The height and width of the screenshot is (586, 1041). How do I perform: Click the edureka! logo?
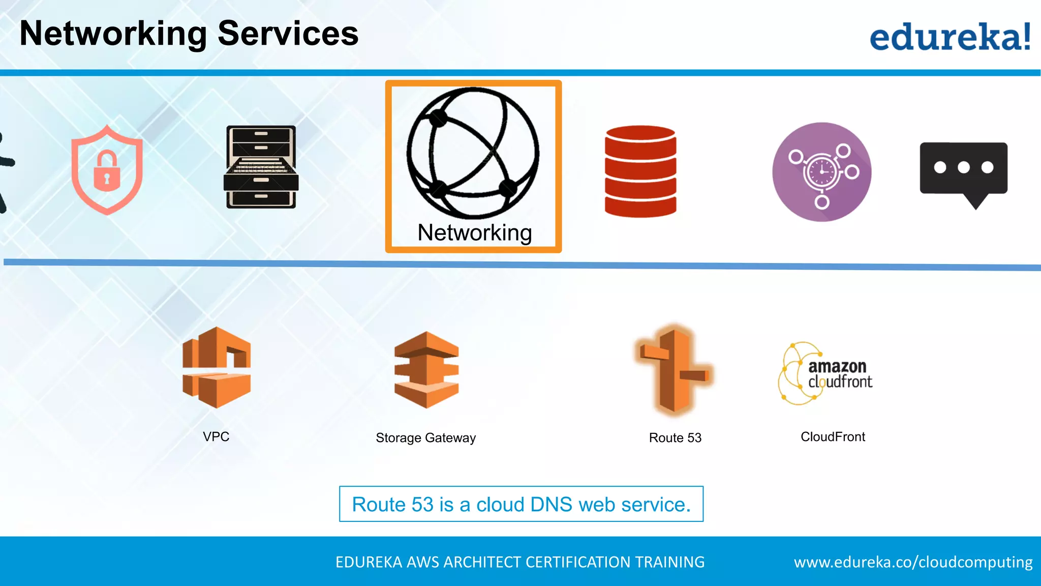(x=950, y=37)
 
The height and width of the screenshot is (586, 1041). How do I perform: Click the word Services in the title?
(x=288, y=34)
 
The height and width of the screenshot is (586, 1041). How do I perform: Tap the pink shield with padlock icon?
(x=107, y=170)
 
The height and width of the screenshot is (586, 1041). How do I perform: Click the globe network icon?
(x=473, y=153)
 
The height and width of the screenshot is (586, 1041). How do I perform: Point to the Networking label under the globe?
(x=474, y=233)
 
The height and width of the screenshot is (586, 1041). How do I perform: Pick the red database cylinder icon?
(x=640, y=171)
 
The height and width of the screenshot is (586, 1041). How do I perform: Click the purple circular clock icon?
(x=821, y=172)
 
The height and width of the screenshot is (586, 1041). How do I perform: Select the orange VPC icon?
(x=217, y=367)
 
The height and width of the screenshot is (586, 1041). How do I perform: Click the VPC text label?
(x=216, y=436)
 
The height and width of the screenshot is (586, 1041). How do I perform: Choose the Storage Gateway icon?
(x=426, y=369)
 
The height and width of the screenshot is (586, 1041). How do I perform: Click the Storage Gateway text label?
(x=425, y=438)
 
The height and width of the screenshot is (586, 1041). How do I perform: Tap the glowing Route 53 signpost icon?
(x=675, y=370)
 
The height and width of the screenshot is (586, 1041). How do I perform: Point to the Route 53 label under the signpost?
(x=675, y=438)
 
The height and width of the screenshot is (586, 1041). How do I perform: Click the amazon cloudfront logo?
(x=825, y=374)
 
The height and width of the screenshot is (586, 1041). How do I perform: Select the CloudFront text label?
(x=833, y=437)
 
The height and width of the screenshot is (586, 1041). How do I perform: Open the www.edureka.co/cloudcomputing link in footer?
(x=913, y=562)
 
